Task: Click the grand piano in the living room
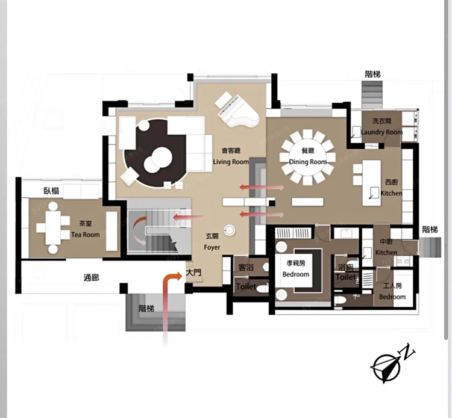236,111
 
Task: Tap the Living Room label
231,162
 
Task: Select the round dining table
307,157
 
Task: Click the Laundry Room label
381,132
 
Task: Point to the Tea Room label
86,235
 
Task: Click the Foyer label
212,247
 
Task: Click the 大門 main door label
193,272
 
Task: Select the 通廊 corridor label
92,278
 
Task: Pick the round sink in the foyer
229,230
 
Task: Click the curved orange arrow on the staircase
139,230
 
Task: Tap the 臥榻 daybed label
51,191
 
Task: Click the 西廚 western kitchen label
392,182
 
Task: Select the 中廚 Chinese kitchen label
386,242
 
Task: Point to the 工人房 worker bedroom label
392,286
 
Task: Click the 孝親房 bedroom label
296,263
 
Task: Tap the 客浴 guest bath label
246,268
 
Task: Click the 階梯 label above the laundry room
372,74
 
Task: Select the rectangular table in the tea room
53,227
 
